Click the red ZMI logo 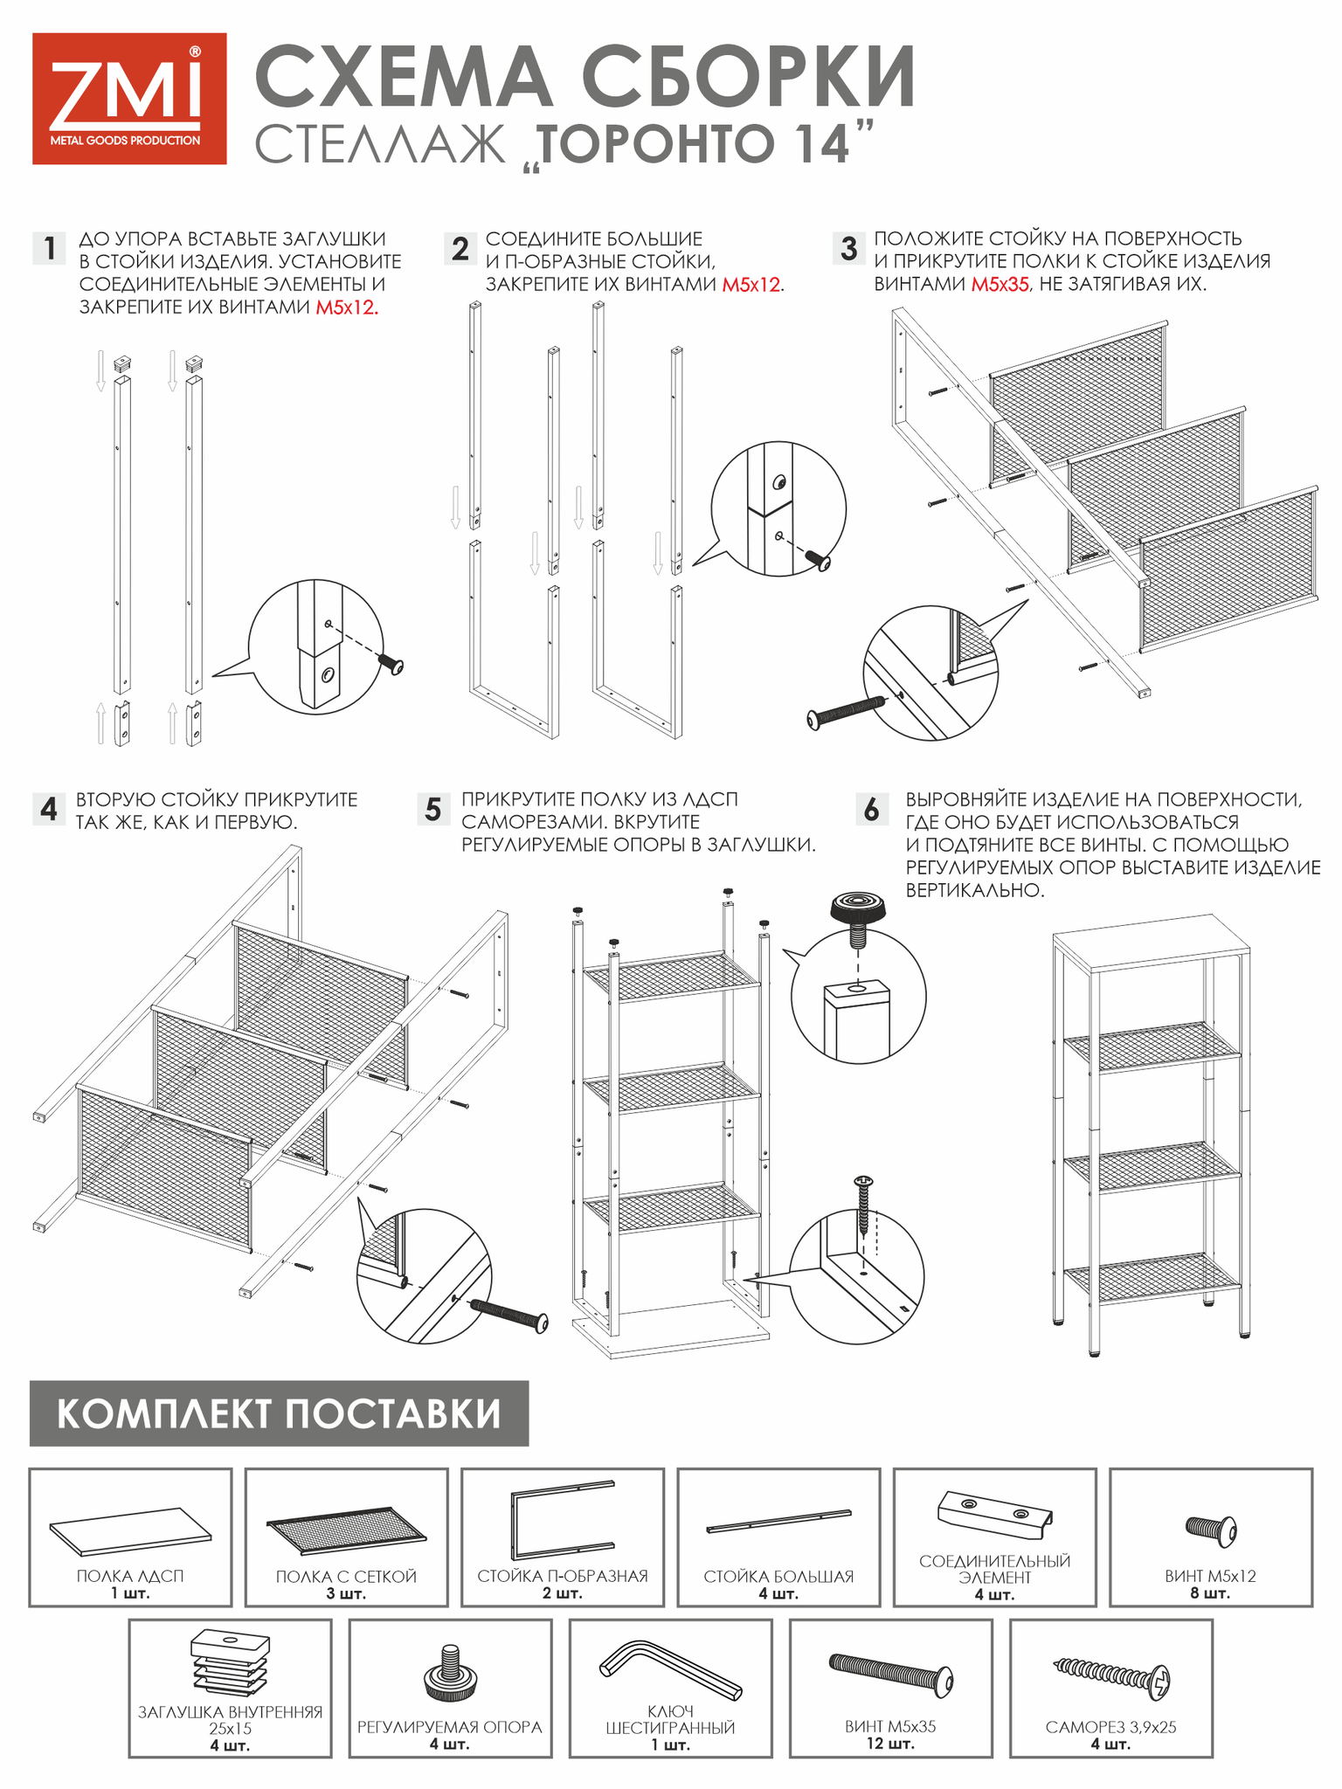click(x=129, y=99)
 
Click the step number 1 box click(x=50, y=249)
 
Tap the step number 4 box click(x=49, y=809)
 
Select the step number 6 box click(x=871, y=810)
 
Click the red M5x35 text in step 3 click(x=1000, y=285)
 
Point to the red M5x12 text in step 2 click(x=751, y=285)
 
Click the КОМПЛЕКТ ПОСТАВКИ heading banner click(x=279, y=1413)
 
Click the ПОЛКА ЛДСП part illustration click(x=130, y=1531)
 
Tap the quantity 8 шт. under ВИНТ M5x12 click(x=1210, y=1593)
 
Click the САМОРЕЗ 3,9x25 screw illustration click(x=1111, y=1676)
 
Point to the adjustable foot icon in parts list click(x=450, y=1673)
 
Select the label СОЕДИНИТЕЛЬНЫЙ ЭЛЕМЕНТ click(x=994, y=1569)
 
